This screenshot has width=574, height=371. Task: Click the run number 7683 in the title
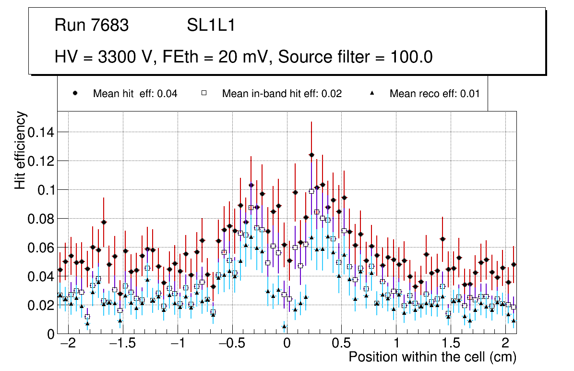(110, 25)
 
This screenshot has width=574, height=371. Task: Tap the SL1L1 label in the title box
(211, 25)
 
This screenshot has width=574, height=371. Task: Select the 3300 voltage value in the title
(117, 57)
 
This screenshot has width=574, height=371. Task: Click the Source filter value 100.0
(408, 57)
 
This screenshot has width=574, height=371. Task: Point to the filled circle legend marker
(75, 93)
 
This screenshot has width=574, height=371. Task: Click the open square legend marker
(203, 93)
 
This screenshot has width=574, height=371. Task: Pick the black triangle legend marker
(372, 93)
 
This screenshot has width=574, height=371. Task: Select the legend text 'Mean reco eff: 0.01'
(434, 94)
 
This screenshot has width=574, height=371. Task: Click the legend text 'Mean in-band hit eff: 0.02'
(282, 94)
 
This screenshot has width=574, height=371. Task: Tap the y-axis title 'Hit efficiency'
(20, 150)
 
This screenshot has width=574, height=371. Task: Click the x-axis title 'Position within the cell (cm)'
(432, 357)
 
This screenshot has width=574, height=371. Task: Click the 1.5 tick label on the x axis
(451, 345)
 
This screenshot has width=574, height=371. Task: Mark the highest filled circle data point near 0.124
(311, 155)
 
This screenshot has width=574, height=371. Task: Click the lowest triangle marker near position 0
(284, 326)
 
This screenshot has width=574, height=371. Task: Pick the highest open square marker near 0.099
(311, 191)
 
